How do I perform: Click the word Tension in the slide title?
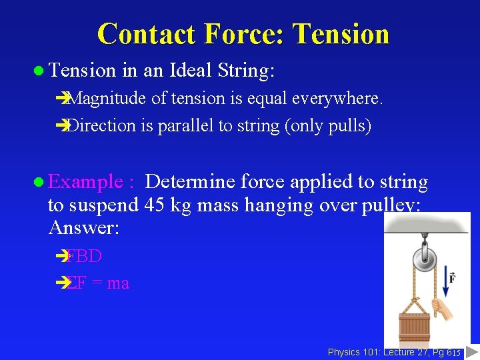click(x=341, y=34)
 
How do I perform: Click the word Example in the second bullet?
click(x=86, y=181)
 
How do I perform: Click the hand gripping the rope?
click(x=441, y=307)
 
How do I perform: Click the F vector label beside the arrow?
click(x=452, y=277)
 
